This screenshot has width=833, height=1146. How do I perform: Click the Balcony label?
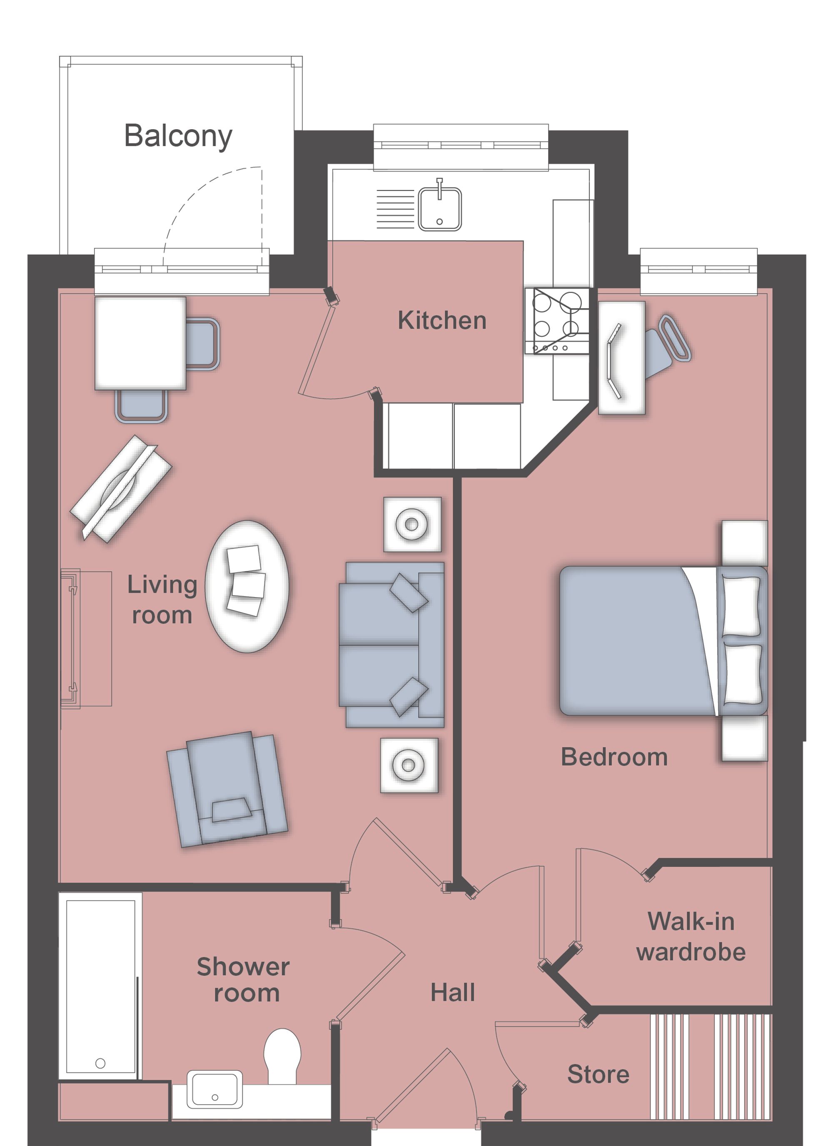click(x=178, y=136)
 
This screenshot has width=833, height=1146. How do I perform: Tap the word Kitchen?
click(x=442, y=320)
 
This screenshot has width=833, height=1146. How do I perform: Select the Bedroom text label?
click(x=614, y=757)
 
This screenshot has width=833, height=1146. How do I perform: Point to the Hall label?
click(x=453, y=992)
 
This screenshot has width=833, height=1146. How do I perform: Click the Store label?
click(x=598, y=1074)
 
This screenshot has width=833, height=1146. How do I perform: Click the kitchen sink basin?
click(x=439, y=209)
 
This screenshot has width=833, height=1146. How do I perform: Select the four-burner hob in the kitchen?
click(x=557, y=320)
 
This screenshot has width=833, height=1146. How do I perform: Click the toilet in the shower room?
click(x=282, y=1056)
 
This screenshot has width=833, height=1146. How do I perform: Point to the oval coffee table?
click(x=247, y=587)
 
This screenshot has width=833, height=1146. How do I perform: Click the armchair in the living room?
click(x=227, y=790)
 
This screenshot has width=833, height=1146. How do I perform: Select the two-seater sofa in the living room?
click(x=392, y=644)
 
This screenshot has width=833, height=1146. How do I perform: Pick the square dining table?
click(x=140, y=343)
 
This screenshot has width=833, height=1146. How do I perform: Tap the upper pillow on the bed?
click(x=741, y=606)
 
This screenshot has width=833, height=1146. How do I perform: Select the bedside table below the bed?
click(x=745, y=738)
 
